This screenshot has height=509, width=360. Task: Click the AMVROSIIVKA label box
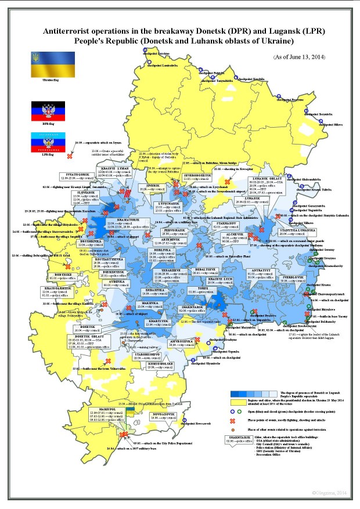182,343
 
